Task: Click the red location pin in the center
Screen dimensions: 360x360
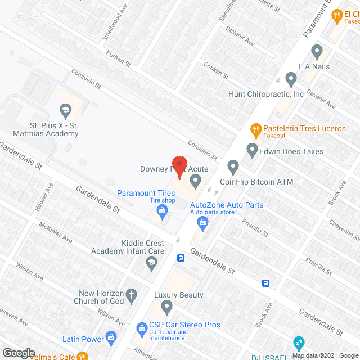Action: click(x=179, y=166)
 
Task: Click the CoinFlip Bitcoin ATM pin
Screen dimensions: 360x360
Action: click(x=233, y=166)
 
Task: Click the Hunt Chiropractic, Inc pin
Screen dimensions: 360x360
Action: click(x=291, y=78)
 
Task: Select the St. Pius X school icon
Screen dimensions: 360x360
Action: click(x=66, y=109)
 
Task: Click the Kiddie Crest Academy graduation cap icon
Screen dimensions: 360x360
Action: click(x=151, y=261)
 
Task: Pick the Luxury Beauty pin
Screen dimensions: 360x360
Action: click(x=166, y=307)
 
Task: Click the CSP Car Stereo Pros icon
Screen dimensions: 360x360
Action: click(x=142, y=327)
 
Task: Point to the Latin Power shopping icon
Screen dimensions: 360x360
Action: click(x=111, y=339)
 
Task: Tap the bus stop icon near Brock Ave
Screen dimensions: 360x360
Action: click(x=266, y=283)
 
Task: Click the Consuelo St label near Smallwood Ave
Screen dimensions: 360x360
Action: click(x=85, y=79)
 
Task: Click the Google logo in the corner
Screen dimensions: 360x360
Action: click(x=18, y=353)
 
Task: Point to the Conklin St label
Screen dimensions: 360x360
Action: click(x=216, y=71)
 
